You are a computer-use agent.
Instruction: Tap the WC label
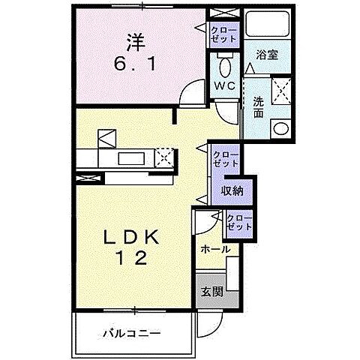226,86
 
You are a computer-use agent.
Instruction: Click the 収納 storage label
232,191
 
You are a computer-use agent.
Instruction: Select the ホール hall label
214,249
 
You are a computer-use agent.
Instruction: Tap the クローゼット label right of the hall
238,222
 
